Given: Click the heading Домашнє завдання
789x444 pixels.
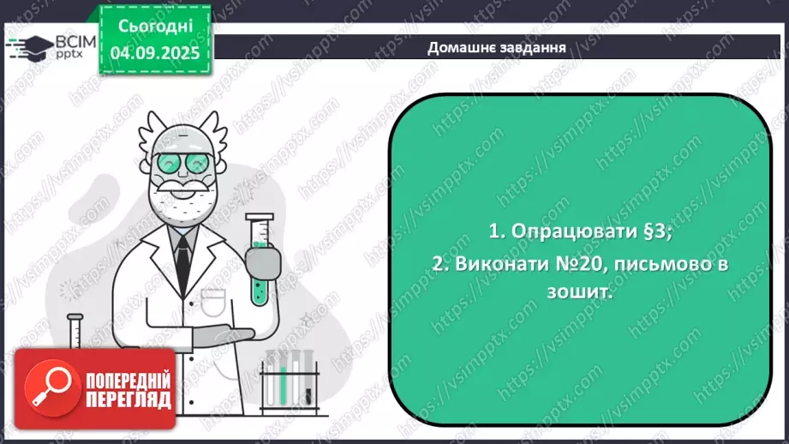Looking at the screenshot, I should tap(496, 47).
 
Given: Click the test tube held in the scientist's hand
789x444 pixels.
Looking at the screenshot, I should tap(259, 257).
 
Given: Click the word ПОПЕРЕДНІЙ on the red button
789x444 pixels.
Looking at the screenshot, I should tap(128, 381).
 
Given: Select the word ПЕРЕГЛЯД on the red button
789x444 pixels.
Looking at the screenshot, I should tap(128, 400).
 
